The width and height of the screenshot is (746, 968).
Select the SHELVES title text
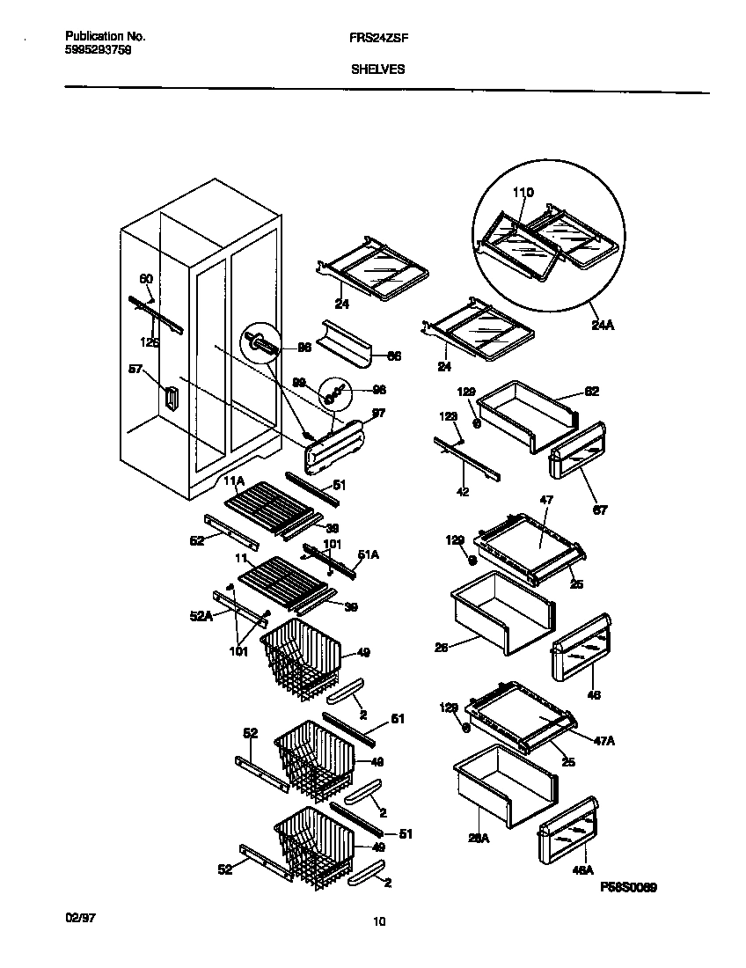[378, 70]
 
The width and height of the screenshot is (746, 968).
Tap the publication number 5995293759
[99, 51]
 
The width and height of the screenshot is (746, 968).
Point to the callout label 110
[523, 193]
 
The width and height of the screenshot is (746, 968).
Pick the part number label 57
[135, 370]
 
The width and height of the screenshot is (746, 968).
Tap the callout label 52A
[202, 617]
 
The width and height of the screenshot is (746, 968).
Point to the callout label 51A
[368, 554]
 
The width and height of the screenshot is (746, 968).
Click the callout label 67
[600, 509]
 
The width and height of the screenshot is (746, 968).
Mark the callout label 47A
[603, 742]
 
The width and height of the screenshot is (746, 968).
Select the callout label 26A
[479, 839]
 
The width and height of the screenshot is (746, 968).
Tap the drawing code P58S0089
[629, 889]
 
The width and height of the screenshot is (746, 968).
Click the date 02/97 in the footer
[80, 917]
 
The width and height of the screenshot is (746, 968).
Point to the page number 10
[379, 922]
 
